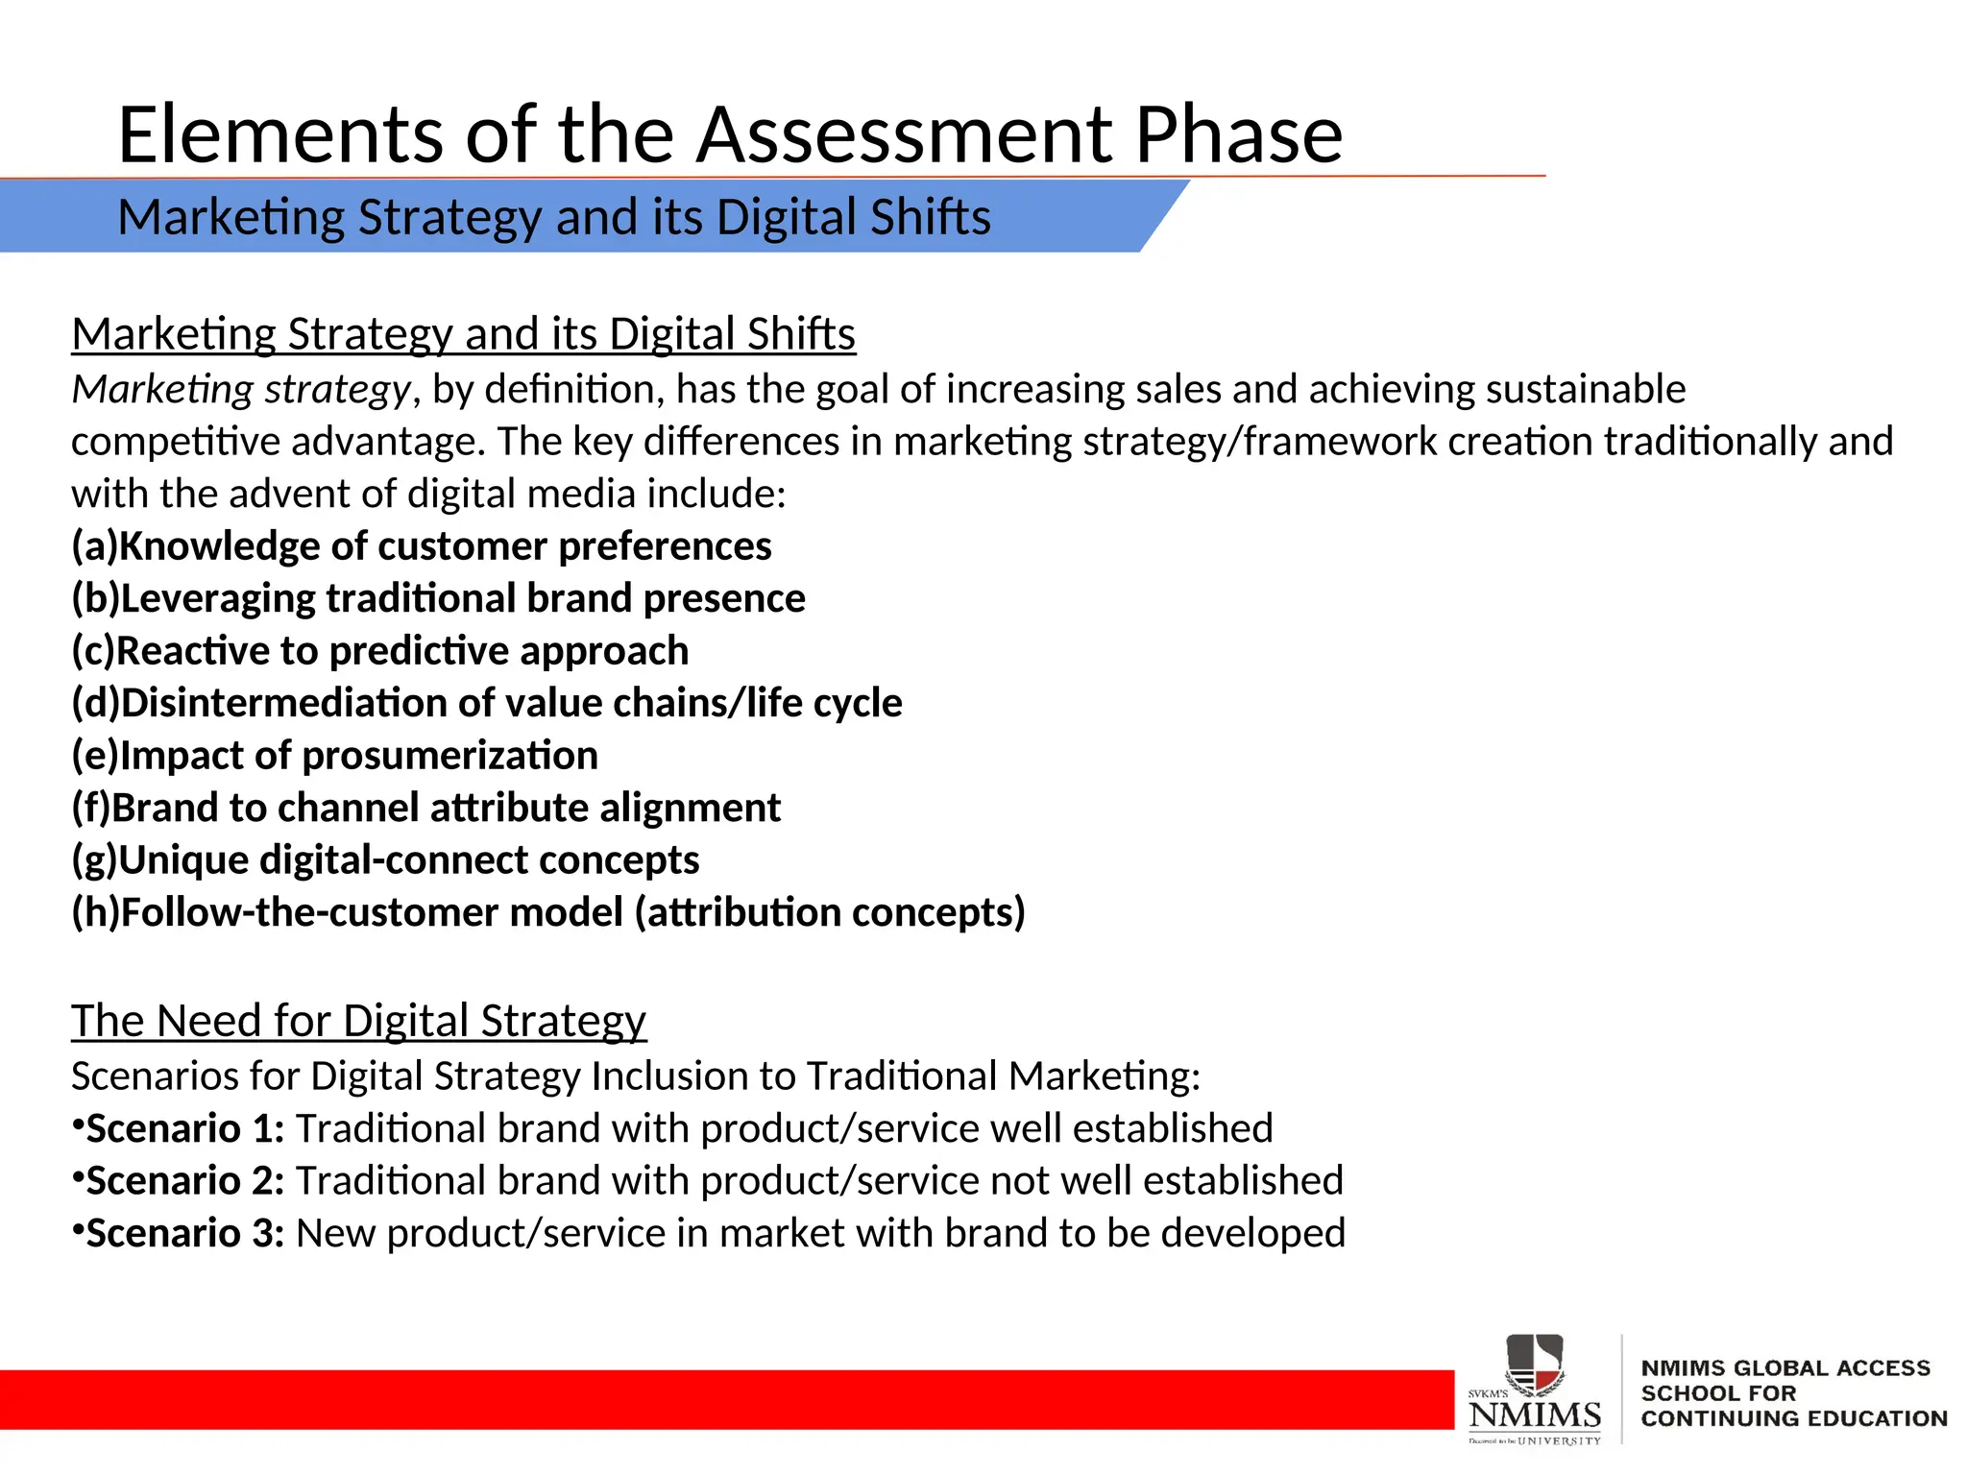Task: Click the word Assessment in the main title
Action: (x=903, y=134)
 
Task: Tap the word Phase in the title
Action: (x=1238, y=134)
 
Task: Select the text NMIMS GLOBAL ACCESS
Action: (x=1785, y=1367)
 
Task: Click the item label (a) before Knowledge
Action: (x=94, y=546)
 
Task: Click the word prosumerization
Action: (x=449, y=756)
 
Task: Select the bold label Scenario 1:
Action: (x=184, y=1128)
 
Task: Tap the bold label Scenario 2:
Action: (x=184, y=1181)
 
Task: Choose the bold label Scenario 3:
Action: (x=184, y=1234)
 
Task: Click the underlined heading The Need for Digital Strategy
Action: (x=358, y=1021)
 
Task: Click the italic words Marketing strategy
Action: (x=241, y=390)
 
